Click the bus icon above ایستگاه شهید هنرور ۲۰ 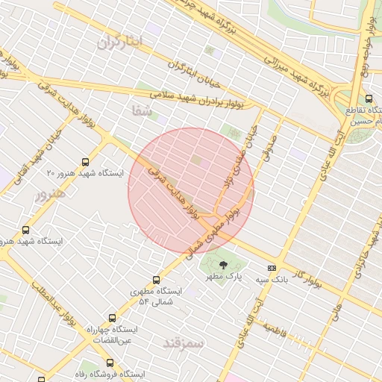[x=87, y=160]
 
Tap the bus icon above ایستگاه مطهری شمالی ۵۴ [x=155, y=280]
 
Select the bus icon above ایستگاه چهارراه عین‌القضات [x=112, y=318]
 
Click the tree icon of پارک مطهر [x=223, y=264]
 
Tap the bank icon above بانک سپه [x=272, y=268]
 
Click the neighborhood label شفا [x=142, y=111]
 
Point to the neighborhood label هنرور [x=51, y=194]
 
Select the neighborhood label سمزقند [x=184, y=342]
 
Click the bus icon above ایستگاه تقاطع [x=369, y=98]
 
